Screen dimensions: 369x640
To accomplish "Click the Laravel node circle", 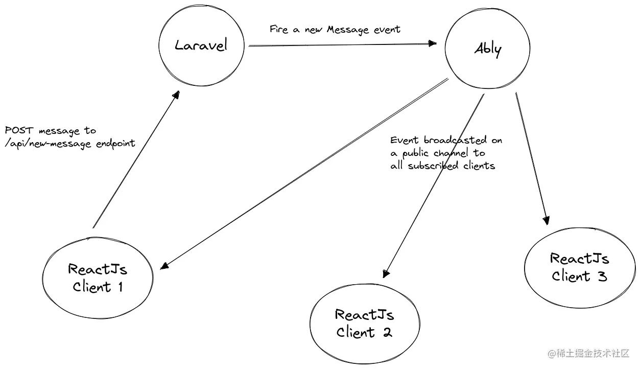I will pos(200,45).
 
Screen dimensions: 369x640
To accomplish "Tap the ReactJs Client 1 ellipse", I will pos(98,278).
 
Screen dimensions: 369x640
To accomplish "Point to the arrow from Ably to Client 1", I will pos(306,173).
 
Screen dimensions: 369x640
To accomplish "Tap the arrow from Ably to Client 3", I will pos(531,158).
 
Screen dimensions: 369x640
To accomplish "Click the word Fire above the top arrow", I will pos(278,29).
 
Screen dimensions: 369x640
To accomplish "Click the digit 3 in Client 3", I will pos(601,276).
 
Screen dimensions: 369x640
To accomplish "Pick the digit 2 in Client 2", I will pos(386,332).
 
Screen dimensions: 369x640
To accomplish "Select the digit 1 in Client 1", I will pos(119,287).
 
